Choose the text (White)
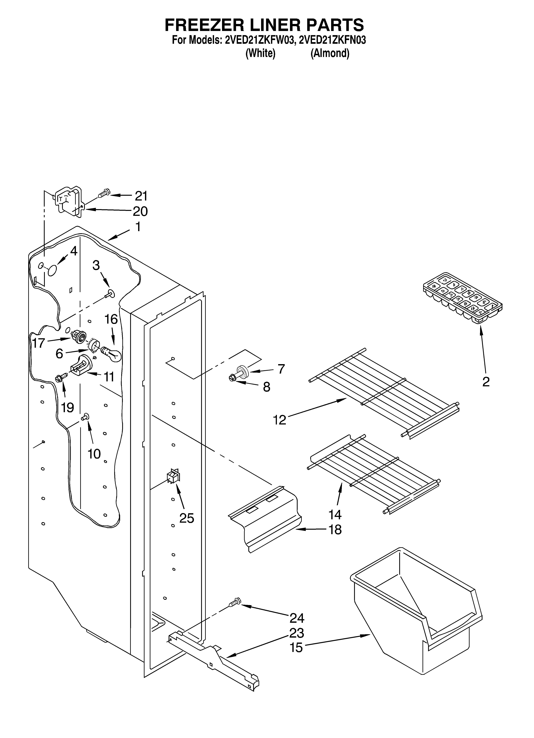tap(260, 53)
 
